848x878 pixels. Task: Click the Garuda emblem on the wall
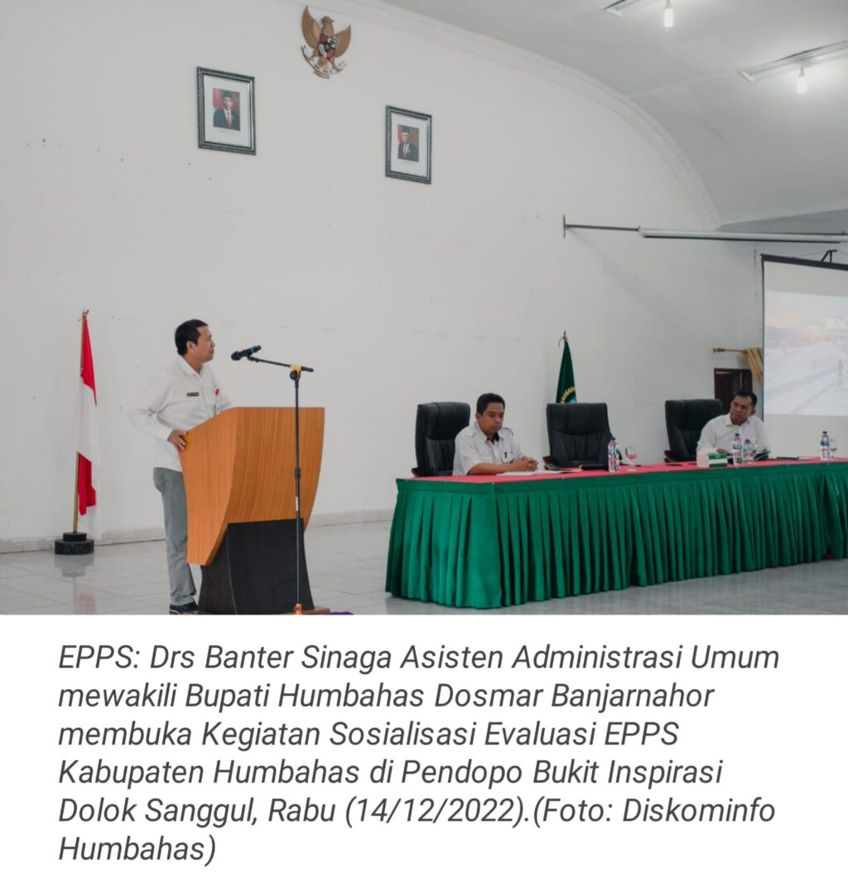point(325,41)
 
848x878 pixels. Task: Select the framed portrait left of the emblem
point(226,110)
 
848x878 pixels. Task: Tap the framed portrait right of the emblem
point(408,144)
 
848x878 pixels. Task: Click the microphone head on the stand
point(246,353)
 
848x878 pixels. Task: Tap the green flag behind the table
point(566,373)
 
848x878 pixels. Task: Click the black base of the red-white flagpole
point(74,544)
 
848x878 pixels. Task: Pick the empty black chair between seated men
point(580,435)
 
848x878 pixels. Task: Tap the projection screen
point(805,336)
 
